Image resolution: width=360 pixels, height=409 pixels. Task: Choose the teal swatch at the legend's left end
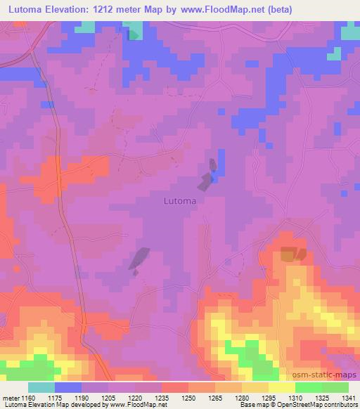(x=41, y=387)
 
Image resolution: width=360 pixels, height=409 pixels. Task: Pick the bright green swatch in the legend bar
(x=308, y=387)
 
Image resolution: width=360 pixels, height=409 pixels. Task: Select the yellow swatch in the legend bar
(x=281, y=387)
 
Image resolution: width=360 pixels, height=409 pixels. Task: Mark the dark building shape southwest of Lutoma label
(x=139, y=259)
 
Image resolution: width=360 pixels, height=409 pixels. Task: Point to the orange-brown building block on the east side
(x=290, y=254)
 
